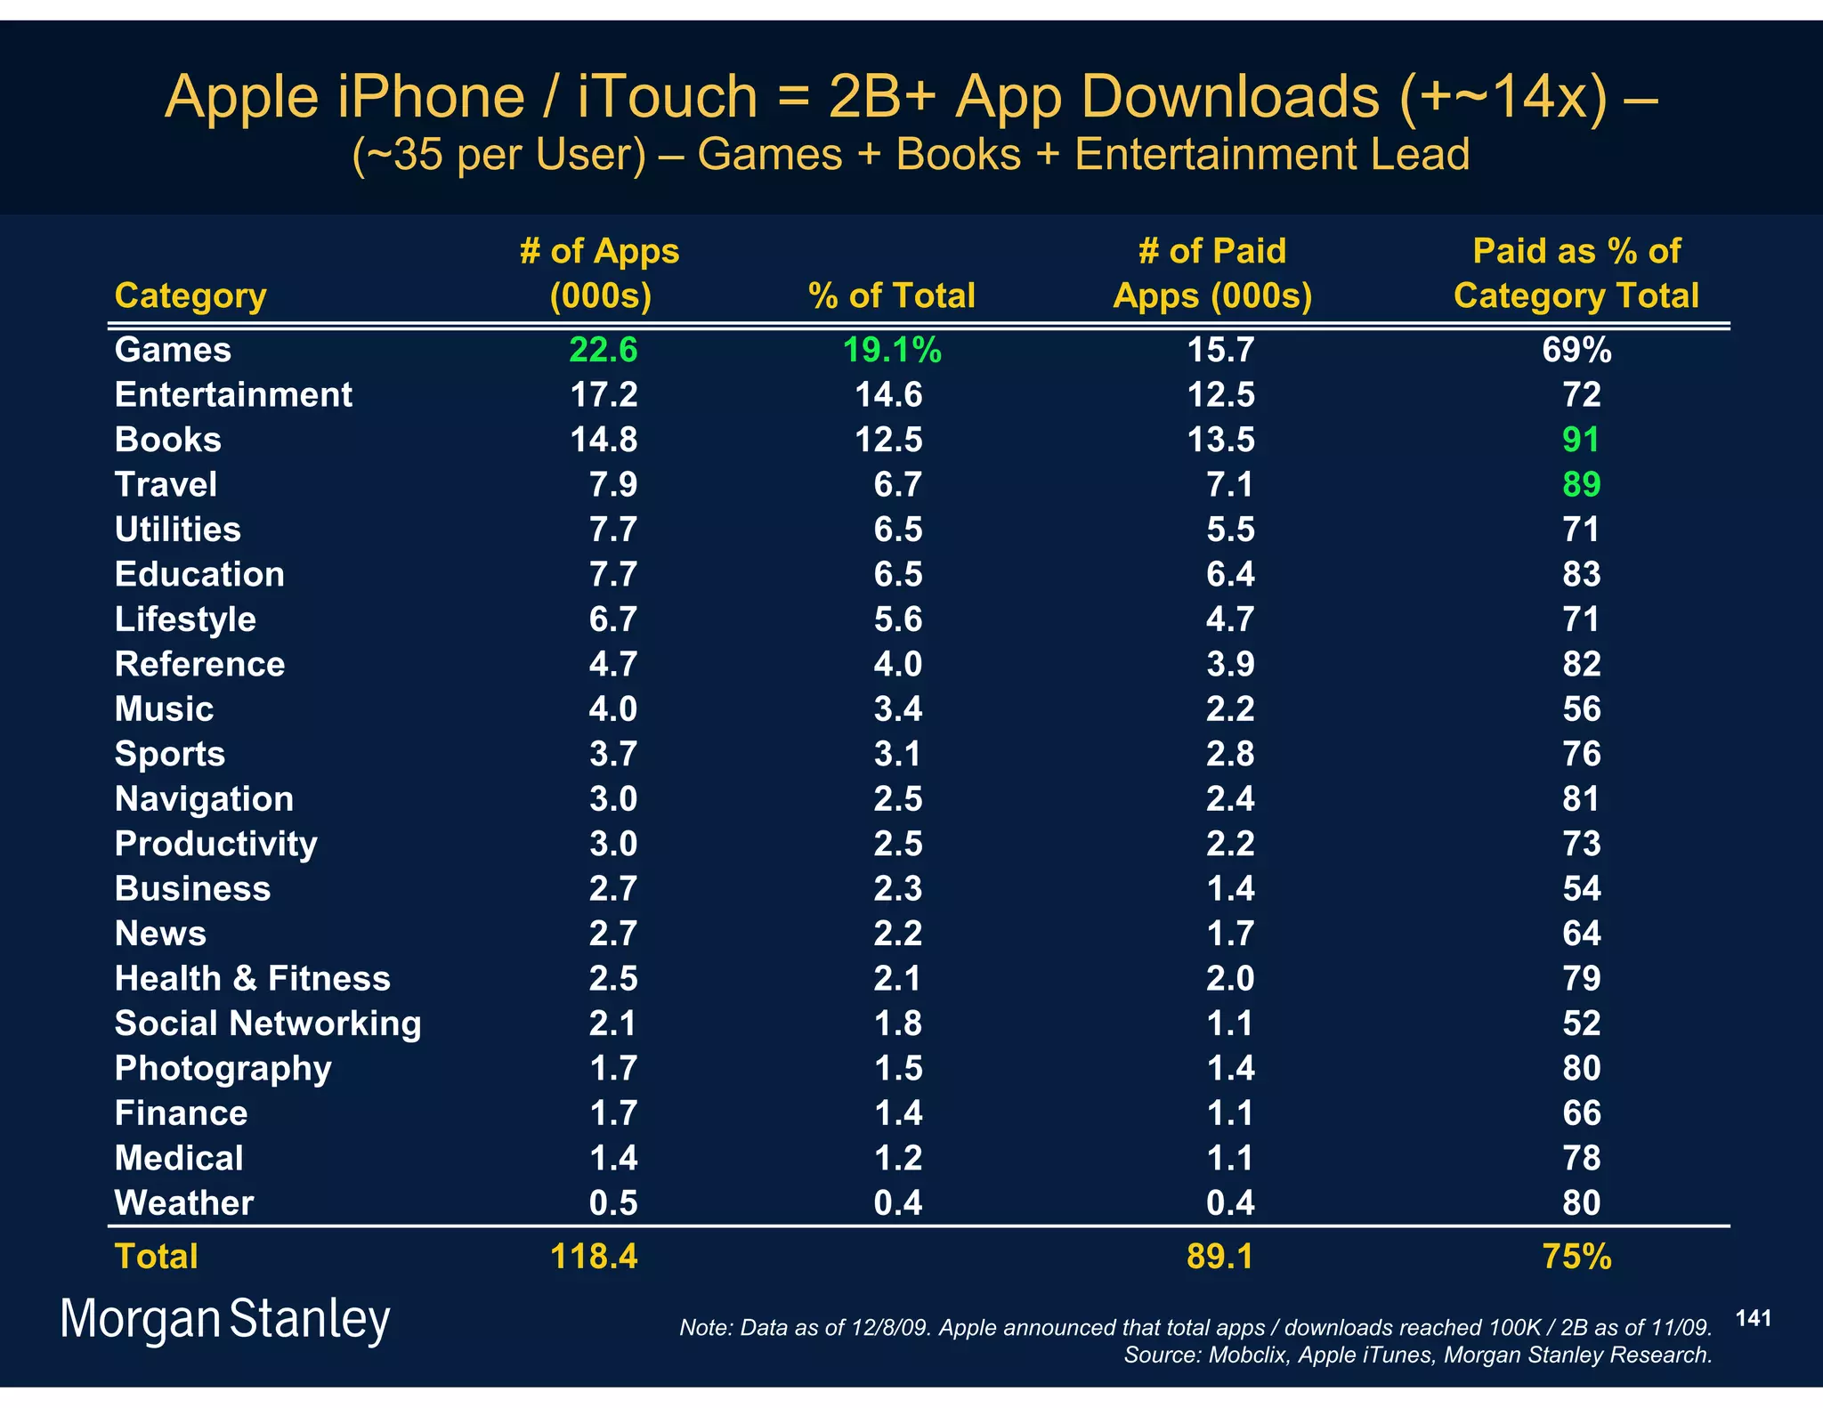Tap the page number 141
[1753, 1318]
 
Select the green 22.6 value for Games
[603, 350]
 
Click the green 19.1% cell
[891, 350]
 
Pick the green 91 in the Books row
[1581, 440]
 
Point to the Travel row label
[166, 484]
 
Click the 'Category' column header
[190, 295]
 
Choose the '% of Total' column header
[891, 295]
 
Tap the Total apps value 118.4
[594, 1257]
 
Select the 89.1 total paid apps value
[1219, 1257]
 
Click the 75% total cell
[1576, 1257]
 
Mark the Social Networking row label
[268, 1024]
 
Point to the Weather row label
[184, 1203]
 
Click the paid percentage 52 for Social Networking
[1581, 1024]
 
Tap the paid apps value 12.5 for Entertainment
[1220, 394]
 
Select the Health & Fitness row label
[253, 978]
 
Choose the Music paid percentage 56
[1581, 709]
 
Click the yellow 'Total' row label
[156, 1257]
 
